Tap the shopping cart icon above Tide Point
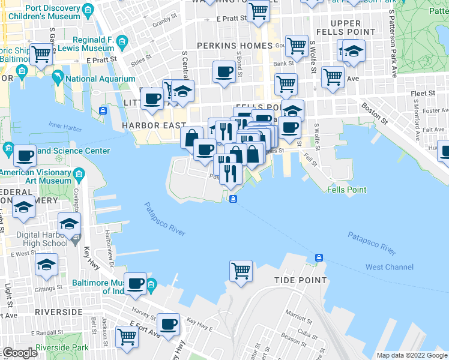pos(241,270)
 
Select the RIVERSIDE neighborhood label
pos(58,312)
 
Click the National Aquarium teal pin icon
pos(58,78)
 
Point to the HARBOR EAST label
pos(146,125)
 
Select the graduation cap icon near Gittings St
pos(46,265)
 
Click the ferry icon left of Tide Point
pos(319,258)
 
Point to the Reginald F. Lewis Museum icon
pos(122,41)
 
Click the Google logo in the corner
pos(19,353)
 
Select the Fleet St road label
pos(424,94)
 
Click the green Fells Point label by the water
pos(347,190)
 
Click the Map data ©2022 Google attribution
pos(412,355)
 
